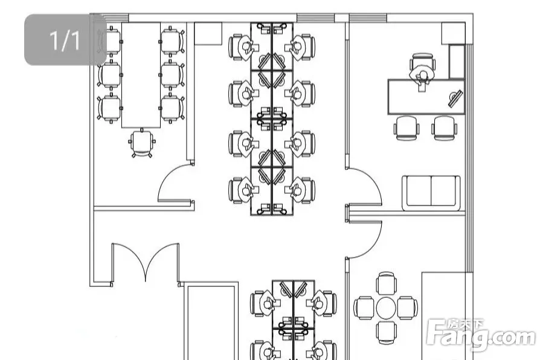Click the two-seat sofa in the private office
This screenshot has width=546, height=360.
(431, 193)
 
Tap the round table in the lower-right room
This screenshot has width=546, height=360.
(386, 307)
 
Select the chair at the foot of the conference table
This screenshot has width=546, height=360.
(142, 143)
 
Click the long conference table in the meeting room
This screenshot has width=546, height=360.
(141, 76)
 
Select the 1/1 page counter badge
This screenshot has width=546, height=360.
(65, 40)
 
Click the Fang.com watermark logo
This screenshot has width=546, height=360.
(481, 335)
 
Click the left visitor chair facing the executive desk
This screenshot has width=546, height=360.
(406, 128)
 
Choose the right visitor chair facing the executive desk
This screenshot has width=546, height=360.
(445, 128)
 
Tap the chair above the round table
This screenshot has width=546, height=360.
(386, 283)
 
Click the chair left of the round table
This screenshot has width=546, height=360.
(364, 308)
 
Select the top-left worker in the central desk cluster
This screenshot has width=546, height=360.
(245, 48)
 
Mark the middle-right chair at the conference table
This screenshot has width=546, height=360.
(172, 75)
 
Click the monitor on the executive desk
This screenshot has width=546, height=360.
(455, 99)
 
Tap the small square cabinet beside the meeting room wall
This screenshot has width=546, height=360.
(208, 34)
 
